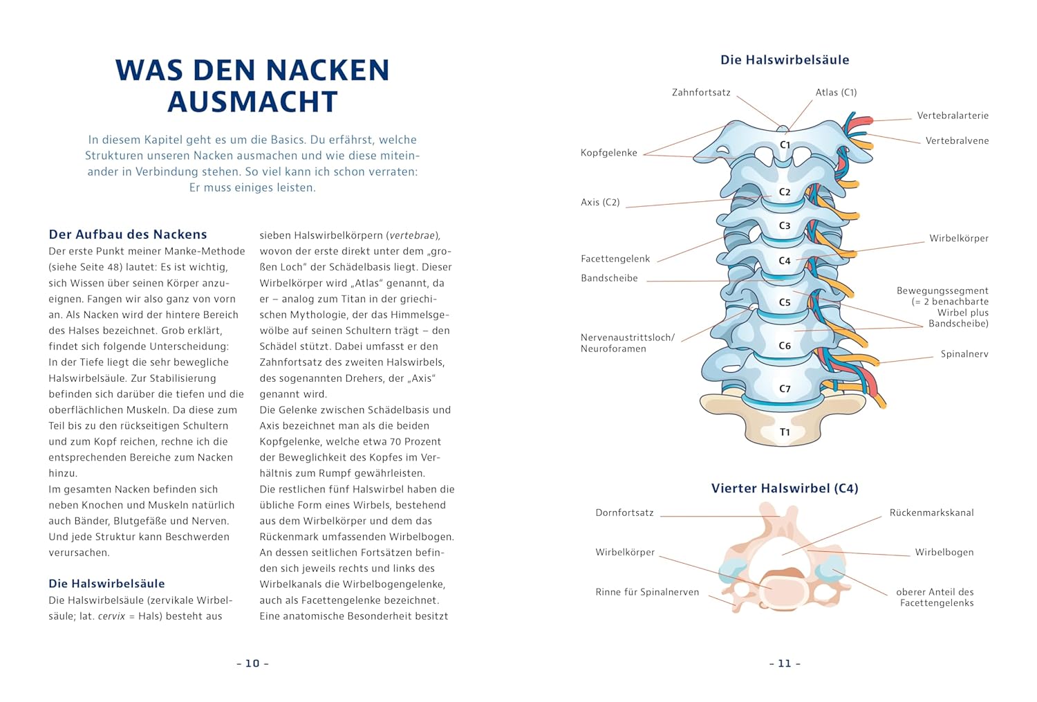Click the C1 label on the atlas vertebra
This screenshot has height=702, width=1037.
click(x=785, y=145)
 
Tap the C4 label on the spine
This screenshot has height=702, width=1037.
click(x=785, y=261)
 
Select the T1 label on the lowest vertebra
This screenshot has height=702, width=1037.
click(x=785, y=432)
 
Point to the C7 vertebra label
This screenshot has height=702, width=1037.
click(x=785, y=389)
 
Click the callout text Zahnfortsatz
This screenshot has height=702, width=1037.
click(x=701, y=93)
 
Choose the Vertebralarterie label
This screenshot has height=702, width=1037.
click(x=953, y=116)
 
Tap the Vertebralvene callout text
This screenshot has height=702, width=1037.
click(x=957, y=140)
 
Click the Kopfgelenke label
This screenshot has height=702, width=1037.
click(x=608, y=153)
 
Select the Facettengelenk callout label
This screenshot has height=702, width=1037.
click(x=615, y=259)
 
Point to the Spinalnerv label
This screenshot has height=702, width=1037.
click(x=964, y=354)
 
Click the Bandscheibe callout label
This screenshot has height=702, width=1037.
click(x=609, y=278)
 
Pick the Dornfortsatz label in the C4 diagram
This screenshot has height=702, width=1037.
click(x=624, y=512)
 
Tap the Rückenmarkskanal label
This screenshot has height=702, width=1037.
click(x=931, y=512)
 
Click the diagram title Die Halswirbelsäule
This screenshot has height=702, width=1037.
click(x=785, y=60)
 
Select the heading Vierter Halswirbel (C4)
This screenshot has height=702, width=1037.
click(x=785, y=488)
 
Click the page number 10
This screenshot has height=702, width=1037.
click(x=252, y=663)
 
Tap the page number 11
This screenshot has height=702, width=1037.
click(x=785, y=663)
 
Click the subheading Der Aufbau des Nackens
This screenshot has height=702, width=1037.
click(x=128, y=234)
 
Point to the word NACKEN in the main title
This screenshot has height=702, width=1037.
click(x=328, y=71)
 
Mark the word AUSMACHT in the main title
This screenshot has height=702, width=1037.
click(x=252, y=102)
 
